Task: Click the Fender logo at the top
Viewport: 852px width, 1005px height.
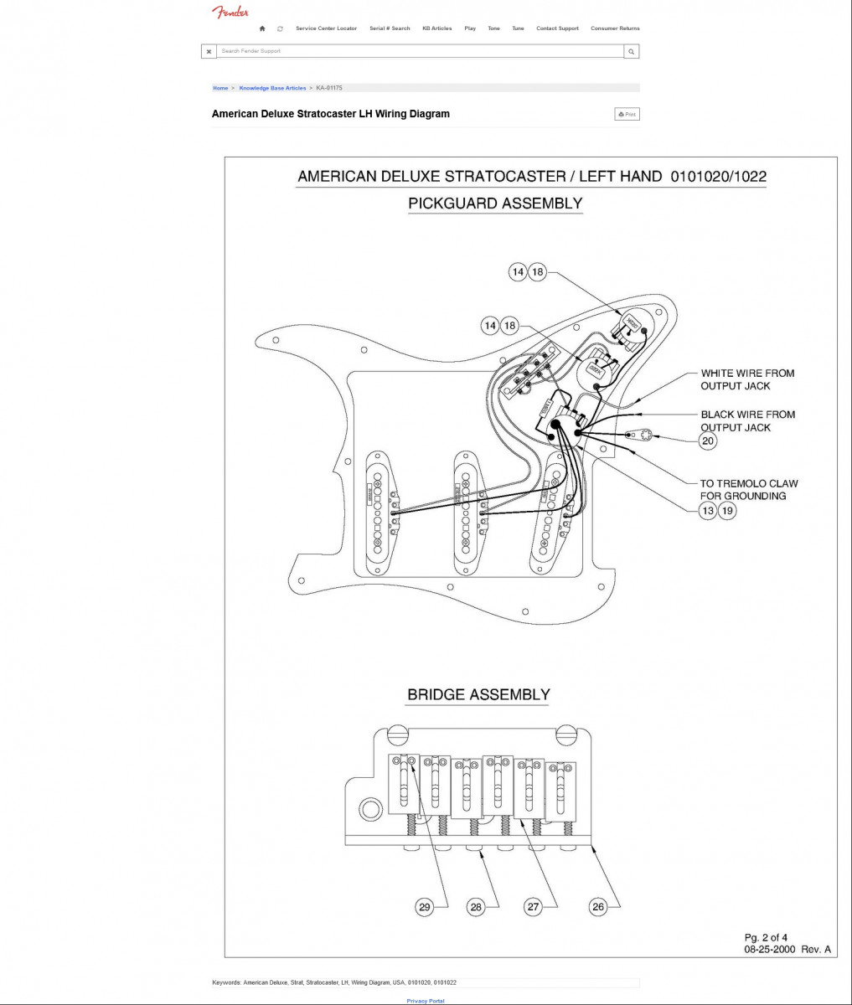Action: point(230,12)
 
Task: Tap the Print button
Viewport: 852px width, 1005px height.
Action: point(627,114)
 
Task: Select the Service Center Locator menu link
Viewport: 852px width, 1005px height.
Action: point(326,28)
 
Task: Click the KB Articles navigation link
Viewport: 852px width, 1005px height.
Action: point(436,28)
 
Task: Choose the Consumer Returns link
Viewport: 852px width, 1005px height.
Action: point(615,28)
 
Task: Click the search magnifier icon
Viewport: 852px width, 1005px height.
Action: point(632,52)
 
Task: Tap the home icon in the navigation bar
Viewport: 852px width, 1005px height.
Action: point(262,28)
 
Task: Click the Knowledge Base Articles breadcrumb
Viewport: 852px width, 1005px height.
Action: point(272,88)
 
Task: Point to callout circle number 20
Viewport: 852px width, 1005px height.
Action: point(708,441)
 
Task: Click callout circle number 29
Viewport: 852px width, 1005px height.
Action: point(425,907)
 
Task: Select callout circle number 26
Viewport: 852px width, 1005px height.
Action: point(597,907)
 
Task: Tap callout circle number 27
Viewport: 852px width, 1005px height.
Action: point(534,907)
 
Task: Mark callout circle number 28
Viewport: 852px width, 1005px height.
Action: point(476,907)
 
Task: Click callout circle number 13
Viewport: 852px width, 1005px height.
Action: point(708,510)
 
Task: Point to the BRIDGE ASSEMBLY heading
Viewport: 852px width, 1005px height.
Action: point(478,694)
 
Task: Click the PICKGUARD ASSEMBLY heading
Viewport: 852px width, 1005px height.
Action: point(495,203)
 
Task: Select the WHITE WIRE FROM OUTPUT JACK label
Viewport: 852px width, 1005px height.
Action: point(747,379)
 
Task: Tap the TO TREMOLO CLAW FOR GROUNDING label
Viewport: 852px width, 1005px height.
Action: point(749,489)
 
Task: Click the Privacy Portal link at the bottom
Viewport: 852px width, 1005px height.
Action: point(426,1001)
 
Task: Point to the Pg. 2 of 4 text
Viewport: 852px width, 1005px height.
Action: point(766,937)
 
